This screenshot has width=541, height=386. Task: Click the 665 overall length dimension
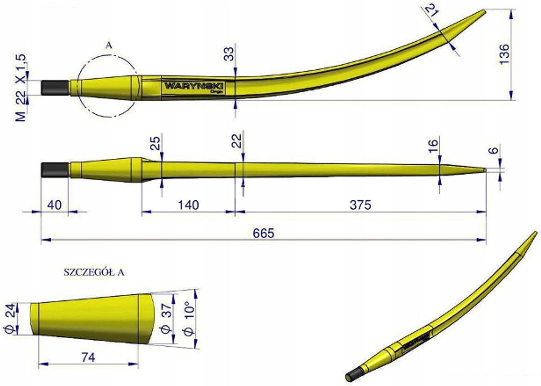point(263,233)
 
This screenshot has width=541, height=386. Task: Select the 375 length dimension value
point(360,205)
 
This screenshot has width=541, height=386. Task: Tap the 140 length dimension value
point(188,205)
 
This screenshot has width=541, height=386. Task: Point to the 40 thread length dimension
point(54,205)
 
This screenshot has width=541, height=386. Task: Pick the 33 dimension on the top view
point(229,54)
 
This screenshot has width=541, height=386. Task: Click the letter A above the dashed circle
point(109,46)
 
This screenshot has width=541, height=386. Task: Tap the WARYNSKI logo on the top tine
point(195,86)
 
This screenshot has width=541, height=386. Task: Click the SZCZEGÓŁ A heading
point(94,273)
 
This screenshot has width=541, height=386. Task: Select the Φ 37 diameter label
point(166,318)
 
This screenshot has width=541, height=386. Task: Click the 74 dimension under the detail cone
point(88,358)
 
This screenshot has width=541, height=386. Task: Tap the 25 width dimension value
point(156,143)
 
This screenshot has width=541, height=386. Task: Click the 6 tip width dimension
point(494,150)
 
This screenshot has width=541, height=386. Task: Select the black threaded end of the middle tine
point(55,170)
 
